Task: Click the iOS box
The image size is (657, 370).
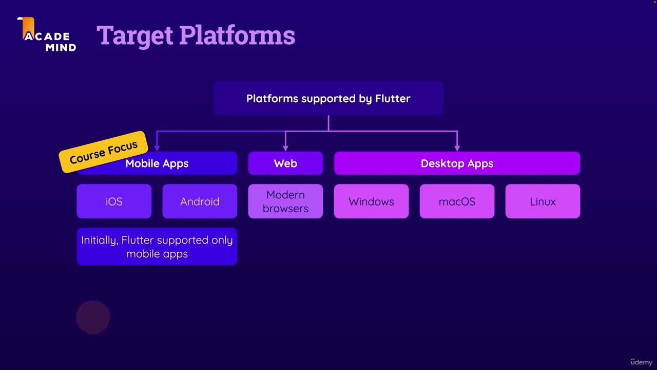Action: (x=114, y=201)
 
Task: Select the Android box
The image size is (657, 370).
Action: (x=200, y=201)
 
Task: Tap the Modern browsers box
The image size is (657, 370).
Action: (x=285, y=201)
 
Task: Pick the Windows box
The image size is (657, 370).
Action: (x=371, y=201)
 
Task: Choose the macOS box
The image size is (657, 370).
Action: (x=457, y=201)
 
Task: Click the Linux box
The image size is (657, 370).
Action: (x=543, y=201)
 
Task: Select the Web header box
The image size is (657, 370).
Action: (x=285, y=163)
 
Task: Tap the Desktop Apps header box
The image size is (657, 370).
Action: (x=457, y=163)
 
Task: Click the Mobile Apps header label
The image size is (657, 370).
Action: (x=157, y=164)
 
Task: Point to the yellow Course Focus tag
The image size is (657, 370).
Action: (x=104, y=152)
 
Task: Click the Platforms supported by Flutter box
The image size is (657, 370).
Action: (x=328, y=98)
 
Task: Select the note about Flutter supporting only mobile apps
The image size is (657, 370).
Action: (x=157, y=247)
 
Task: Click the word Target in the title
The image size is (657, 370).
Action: (x=135, y=35)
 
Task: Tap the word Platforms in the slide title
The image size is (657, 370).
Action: (x=237, y=35)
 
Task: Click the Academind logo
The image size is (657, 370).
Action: (x=49, y=36)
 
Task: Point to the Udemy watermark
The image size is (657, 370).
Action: (x=641, y=362)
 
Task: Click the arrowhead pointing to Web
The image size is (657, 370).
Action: (x=285, y=148)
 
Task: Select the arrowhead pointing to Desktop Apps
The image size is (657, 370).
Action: (x=457, y=148)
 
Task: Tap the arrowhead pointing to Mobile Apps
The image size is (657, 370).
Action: (x=157, y=148)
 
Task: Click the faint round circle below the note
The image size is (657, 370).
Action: (x=93, y=317)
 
